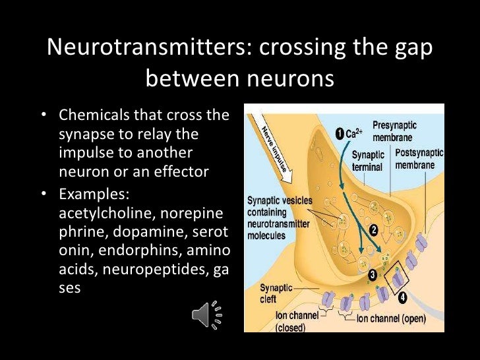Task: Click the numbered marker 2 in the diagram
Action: click(373, 230)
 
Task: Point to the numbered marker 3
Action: click(373, 274)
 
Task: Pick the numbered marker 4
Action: click(403, 297)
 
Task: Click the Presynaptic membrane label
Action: click(394, 131)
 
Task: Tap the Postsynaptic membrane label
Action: click(419, 159)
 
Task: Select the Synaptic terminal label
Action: click(367, 160)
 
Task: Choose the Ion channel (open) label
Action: click(391, 319)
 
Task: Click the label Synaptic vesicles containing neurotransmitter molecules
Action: click(280, 217)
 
